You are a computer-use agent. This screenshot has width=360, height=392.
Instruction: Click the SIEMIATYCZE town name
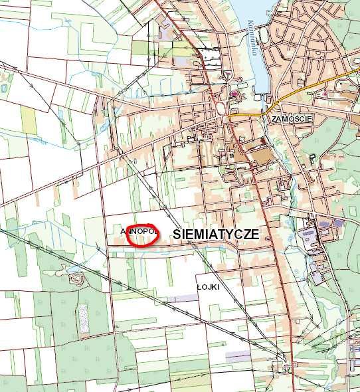(215, 234)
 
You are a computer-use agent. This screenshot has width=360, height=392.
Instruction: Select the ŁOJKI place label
(208, 286)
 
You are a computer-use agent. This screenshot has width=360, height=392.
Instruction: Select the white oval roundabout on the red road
(220, 107)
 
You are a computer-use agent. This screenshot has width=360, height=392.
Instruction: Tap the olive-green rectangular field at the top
(144, 49)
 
